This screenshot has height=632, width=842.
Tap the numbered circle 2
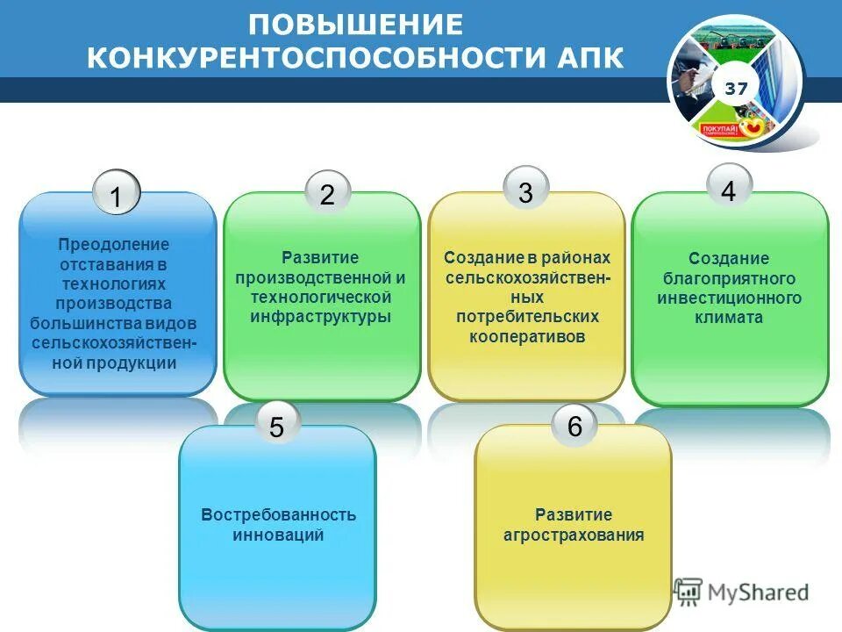328,194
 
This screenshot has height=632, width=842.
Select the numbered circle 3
526,190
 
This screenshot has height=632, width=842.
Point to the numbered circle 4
729,188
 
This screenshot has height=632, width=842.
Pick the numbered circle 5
276,427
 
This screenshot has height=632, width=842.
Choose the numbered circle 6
574,426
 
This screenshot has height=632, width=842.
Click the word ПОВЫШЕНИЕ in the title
355,25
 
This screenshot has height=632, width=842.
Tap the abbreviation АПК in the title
588,58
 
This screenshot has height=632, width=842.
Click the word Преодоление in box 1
114,244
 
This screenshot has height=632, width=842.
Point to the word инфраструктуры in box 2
321,316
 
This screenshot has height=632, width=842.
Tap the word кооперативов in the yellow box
526,336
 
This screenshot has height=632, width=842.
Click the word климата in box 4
729,318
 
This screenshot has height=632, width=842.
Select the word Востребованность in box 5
278,514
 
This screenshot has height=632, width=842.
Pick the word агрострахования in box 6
574,535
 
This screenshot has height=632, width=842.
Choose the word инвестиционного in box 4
729,298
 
